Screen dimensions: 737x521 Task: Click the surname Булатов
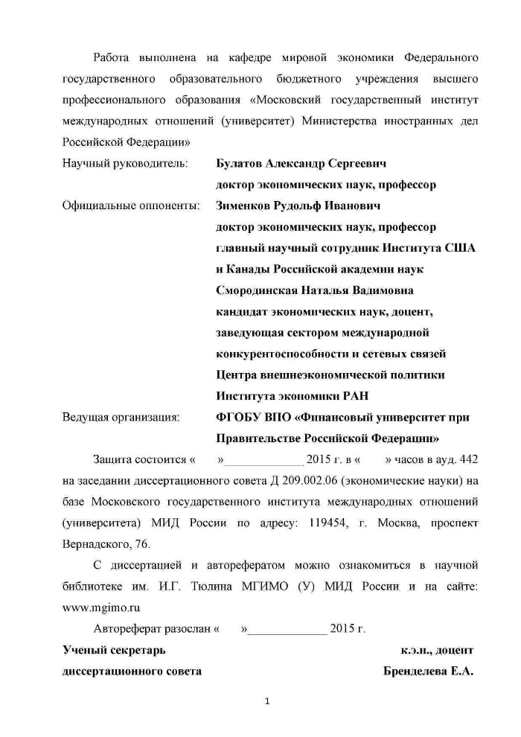pos(240,163)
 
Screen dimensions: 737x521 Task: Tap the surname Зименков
pos(243,205)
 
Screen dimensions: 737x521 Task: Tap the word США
pos(461,247)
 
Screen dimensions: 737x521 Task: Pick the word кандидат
pos(240,310)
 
